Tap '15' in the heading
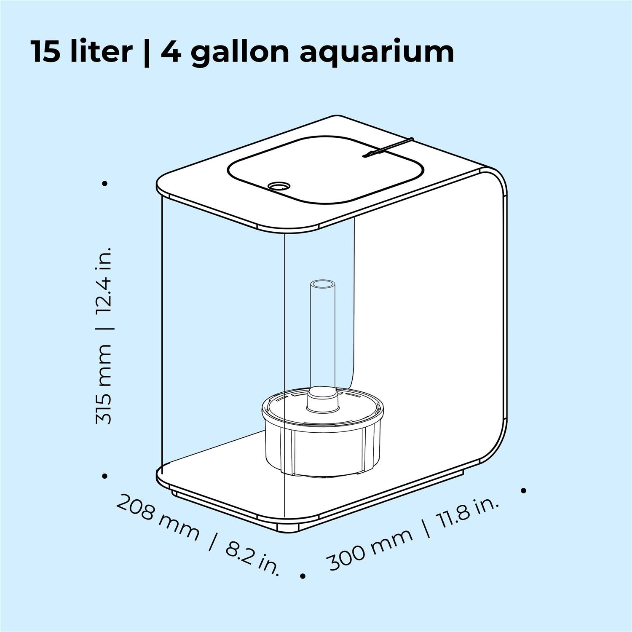coord(46,52)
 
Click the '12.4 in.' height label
coord(104,286)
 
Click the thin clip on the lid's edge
coord(388,147)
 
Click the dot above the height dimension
coord(105,183)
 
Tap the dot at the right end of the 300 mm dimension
coord(524,490)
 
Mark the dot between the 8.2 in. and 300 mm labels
coord(302,576)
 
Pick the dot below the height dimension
coord(105,476)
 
